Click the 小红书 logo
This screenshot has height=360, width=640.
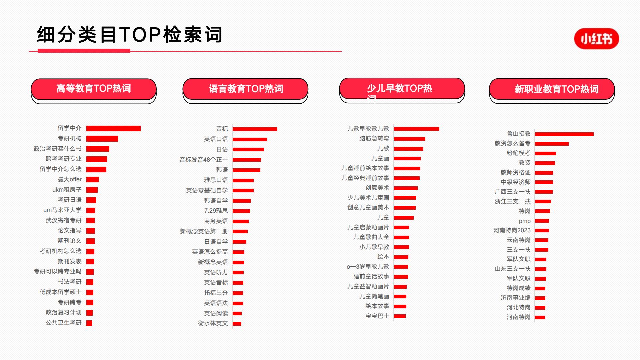tap(596, 39)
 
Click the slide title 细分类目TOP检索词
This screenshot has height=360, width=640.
tap(130, 34)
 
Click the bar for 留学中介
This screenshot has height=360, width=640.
tap(113, 128)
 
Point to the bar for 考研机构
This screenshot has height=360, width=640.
tap(102, 139)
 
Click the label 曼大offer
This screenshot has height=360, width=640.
tap(70, 179)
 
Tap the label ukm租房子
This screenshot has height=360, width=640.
tap(67, 190)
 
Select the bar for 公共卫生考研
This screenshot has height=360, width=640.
tap(89, 323)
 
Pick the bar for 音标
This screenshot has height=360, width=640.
tap(255, 129)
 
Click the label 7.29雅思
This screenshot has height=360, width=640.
tap(216, 211)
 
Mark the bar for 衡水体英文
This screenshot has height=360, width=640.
tap(237, 324)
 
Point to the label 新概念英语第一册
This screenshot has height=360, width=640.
tap(204, 231)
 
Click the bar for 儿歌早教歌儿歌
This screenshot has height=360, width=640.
tap(417, 129)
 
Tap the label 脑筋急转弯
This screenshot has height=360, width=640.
tap(374, 138)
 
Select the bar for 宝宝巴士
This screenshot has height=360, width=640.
tap(400, 316)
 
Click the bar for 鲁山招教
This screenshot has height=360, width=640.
tap(564, 134)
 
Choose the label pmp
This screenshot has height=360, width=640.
tap(525, 221)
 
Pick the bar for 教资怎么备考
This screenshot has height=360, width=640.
tap(552, 144)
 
